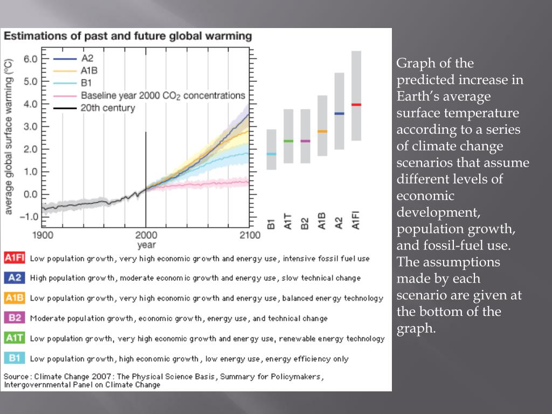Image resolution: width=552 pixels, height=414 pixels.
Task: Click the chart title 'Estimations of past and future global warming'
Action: click(128, 37)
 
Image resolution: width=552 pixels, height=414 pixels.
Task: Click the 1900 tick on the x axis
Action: click(43, 235)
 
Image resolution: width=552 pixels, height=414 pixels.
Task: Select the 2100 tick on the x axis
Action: click(249, 235)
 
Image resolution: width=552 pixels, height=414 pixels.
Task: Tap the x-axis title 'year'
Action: click(146, 245)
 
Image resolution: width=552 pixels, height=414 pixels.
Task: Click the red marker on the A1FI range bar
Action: click(356, 105)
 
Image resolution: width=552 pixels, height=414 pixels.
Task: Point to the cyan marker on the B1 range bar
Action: click(271, 154)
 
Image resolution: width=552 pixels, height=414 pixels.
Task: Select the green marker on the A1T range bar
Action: click(288, 141)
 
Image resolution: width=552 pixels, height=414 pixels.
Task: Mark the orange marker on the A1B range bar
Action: click(322, 132)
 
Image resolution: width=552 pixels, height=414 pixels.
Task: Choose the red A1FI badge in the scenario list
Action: click(15, 258)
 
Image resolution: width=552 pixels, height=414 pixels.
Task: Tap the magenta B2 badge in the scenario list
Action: click(15, 318)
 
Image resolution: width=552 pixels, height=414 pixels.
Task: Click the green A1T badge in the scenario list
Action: click(15, 338)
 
